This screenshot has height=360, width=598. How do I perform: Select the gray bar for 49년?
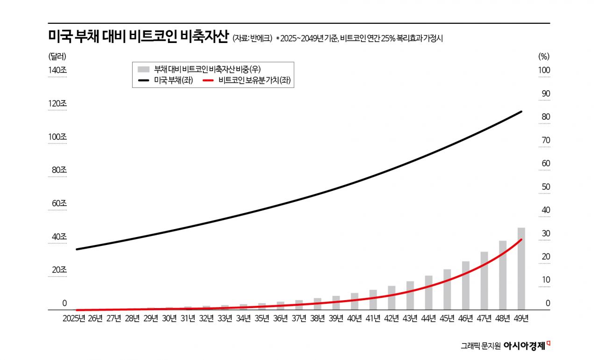click(521, 268)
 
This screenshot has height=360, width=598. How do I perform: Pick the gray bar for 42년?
click(392, 297)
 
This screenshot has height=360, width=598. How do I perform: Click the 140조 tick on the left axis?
click(57, 70)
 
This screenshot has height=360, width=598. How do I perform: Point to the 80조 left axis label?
click(59, 170)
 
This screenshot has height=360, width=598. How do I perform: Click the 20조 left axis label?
click(59, 270)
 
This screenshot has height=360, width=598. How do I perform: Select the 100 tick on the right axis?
click(544, 70)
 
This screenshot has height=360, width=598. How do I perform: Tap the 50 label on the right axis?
click(546, 187)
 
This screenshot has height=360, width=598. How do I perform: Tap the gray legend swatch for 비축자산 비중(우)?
click(144, 69)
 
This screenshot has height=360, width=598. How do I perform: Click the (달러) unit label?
click(57, 56)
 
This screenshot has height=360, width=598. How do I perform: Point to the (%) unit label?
click(544, 56)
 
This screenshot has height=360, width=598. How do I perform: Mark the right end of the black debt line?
click(521, 112)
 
